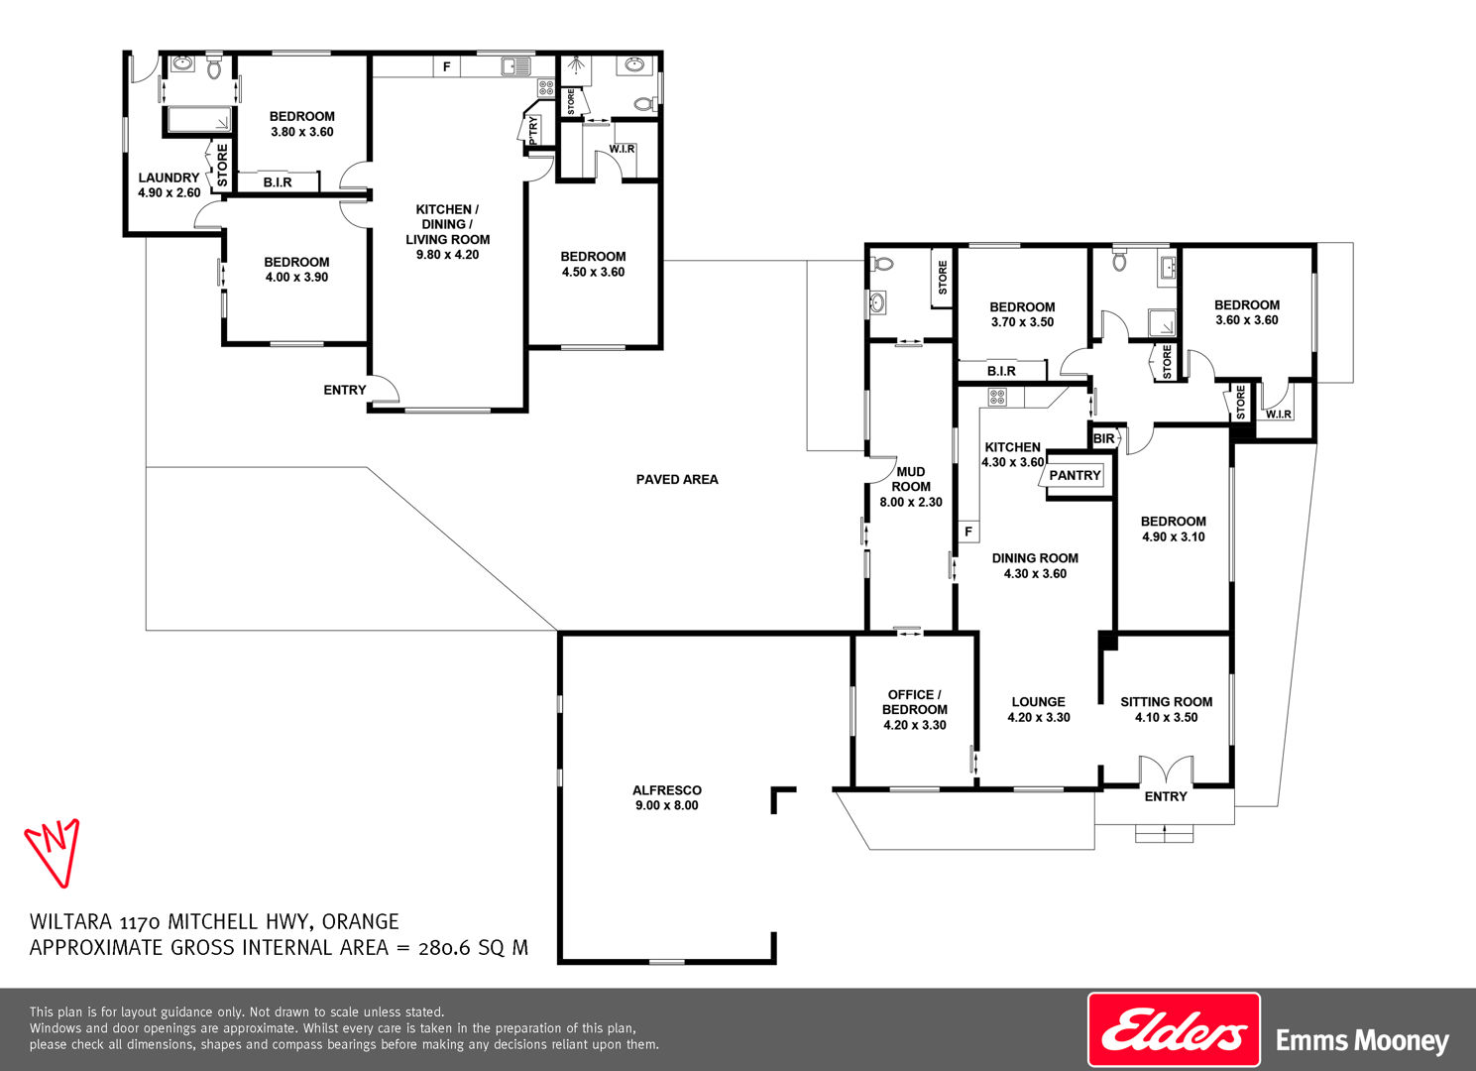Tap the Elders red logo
coord(1174,1029)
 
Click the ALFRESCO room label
coord(667,789)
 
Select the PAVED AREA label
coord(677,479)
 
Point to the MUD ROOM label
coord(911,479)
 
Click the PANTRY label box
coord(1075,475)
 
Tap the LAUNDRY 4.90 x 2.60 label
coord(169,185)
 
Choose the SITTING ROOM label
coord(1167,702)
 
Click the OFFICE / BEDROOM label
coord(915,702)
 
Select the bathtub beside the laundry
coord(199,120)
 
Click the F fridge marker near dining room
coord(968,531)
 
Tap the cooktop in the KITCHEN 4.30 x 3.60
coord(997,397)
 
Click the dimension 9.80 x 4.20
coord(447,255)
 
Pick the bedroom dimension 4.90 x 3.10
coord(1174,536)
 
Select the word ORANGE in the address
coord(361,921)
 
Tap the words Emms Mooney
coord(1362,1040)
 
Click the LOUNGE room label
coord(1039,702)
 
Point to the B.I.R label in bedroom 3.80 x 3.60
coord(278,182)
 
